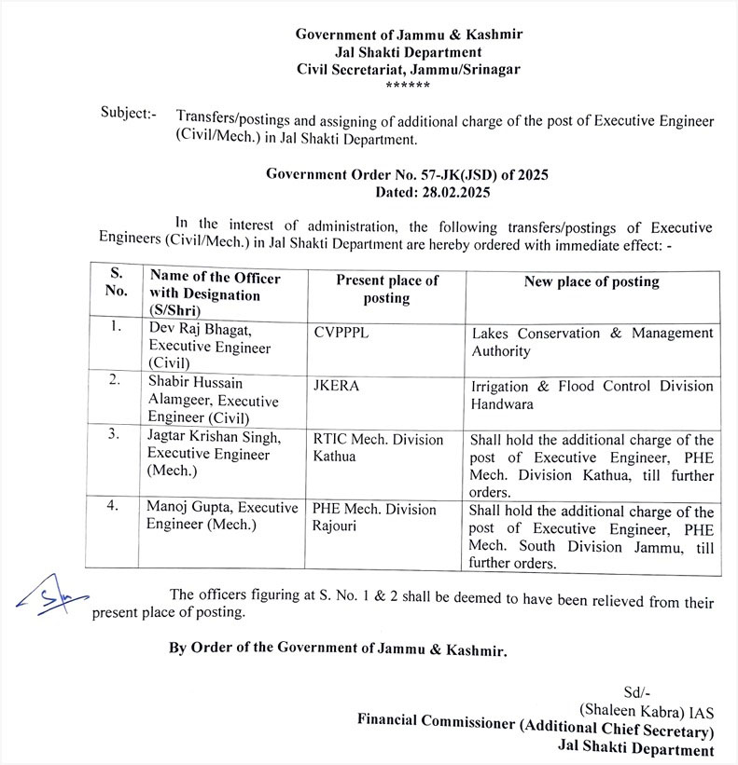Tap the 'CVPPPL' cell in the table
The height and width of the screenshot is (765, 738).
[342, 334]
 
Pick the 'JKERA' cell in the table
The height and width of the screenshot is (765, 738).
[338, 385]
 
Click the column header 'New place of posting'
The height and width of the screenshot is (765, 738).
[591, 281]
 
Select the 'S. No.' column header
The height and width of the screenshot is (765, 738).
[116, 280]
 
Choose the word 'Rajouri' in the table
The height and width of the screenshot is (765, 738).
[337, 526]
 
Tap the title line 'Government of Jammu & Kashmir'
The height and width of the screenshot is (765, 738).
[409, 34]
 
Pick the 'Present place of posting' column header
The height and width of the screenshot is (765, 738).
[386, 289]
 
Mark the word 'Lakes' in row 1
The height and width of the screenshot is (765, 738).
[490, 333]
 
